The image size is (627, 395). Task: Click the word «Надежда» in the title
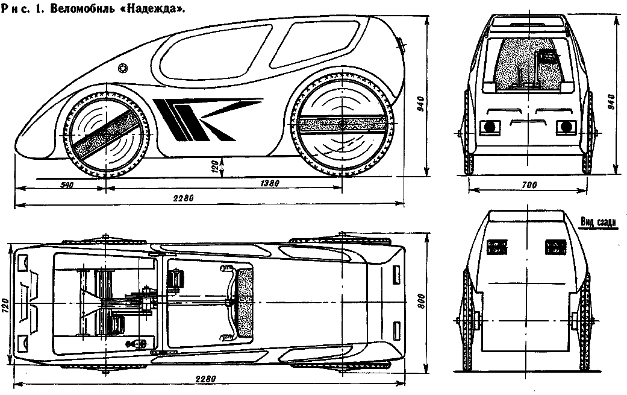(x=154, y=9)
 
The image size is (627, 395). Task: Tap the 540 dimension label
(x=67, y=185)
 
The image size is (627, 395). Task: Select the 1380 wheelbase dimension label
(x=270, y=184)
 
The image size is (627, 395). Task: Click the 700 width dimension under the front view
(x=529, y=185)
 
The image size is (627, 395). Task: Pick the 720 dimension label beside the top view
(x=5, y=306)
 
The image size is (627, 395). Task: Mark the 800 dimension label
(x=422, y=302)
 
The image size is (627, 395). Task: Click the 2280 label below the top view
(x=206, y=379)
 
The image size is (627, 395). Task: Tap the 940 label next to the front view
(x=610, y=103)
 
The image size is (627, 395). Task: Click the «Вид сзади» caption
(x=598, y=223)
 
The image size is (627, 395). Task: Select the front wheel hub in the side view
(x=107, y=136)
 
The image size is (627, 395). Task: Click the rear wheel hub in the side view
(x=342, y=124)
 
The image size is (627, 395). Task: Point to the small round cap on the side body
(x=123, y=68)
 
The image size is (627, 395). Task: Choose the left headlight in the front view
(x=490, y=127)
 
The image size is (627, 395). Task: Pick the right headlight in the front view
(x=566, y=127)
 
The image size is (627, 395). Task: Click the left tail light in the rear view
(x=497, y=247)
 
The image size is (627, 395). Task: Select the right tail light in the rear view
(x=555, y=247)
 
